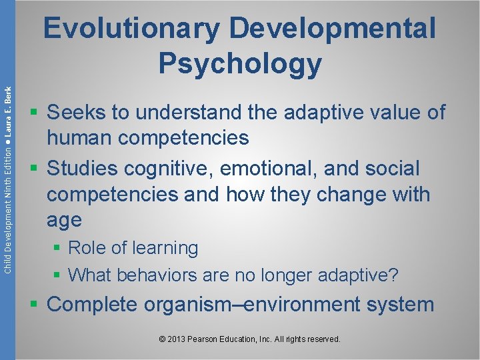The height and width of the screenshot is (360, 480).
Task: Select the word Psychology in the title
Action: [x=240, y=63]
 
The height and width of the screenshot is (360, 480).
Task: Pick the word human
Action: [x=79, y=138]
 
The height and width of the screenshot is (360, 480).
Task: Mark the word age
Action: [x=64, y=219]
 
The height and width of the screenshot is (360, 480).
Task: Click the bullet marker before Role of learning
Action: [x=58, y=249]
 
